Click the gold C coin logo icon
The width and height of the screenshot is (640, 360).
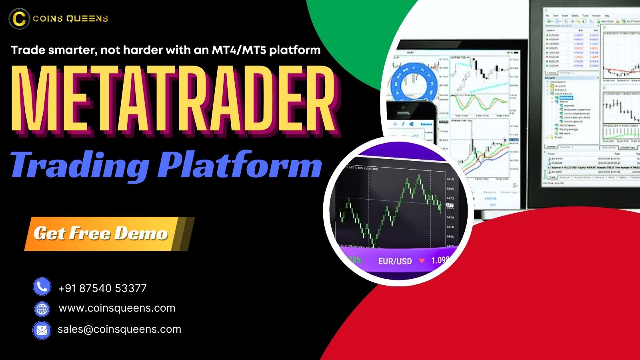(x=19, y=18)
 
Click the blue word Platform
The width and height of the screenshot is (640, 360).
(x=240, y=165)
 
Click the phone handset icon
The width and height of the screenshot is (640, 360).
(x=42, y=287)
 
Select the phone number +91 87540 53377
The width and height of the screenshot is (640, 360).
(x=102, y=288)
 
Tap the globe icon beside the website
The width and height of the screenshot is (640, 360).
(x=42, y=309)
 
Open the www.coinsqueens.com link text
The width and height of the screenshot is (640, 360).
(x=117, y=308)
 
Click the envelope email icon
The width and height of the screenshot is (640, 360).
(x=42, y=330)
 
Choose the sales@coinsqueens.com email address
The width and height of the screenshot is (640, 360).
(x=119, y=329)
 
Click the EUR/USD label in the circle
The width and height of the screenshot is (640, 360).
(x=395, y=261)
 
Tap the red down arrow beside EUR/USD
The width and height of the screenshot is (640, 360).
(x=421, y=261)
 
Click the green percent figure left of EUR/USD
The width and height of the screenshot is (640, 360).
(x=355, y=260)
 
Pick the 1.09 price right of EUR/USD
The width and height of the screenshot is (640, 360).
(x=440, y=260)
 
